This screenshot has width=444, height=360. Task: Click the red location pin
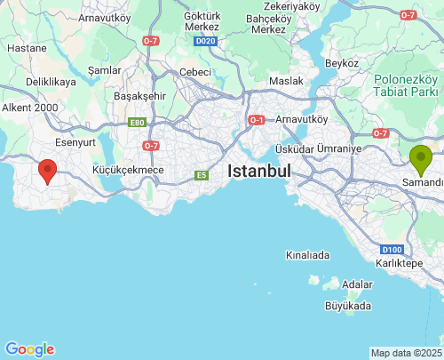point(47,170)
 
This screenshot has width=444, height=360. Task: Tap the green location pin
point(421,158)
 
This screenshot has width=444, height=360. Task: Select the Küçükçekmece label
point(129,169)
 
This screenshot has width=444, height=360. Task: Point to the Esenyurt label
point(75,141)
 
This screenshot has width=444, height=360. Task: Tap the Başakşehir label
point(140,96)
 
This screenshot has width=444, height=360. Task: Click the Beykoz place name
point(341,63)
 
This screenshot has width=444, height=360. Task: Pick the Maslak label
point(286,82)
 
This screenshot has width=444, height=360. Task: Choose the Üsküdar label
point(295,148)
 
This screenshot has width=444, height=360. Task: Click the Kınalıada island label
point(307,255)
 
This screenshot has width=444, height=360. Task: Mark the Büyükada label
point(348,306)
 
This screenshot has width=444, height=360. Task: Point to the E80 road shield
point(137,123)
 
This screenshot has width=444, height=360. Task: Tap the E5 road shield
point(202,175)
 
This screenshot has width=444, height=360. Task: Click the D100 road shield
point(394,250)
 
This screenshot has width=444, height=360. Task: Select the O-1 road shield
point(257,119)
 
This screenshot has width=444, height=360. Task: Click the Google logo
point(29,349)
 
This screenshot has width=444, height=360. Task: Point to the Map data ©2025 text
point(406,353)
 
